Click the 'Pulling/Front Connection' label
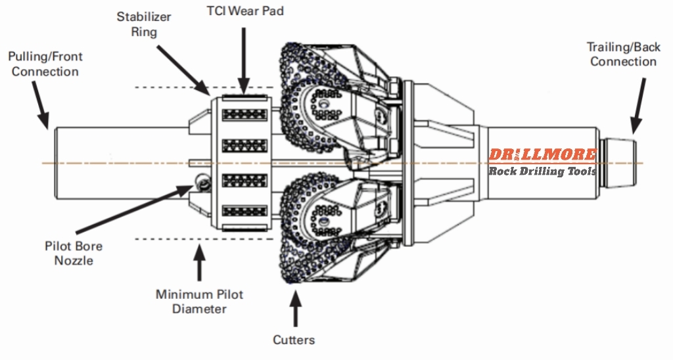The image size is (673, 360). click(x=45, y=64)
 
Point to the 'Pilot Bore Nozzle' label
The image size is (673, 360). click(x=74, y=254)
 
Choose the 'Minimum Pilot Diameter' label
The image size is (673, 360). click(x=199, y=302)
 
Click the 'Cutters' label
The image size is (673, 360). click(x=294, y=340)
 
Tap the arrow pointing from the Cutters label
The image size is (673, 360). click(x=294, y=309)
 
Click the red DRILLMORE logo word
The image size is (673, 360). click(x=542, y=155)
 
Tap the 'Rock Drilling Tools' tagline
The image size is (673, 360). click(x=542, y=171)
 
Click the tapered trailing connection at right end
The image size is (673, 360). click(x=622, y=150)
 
